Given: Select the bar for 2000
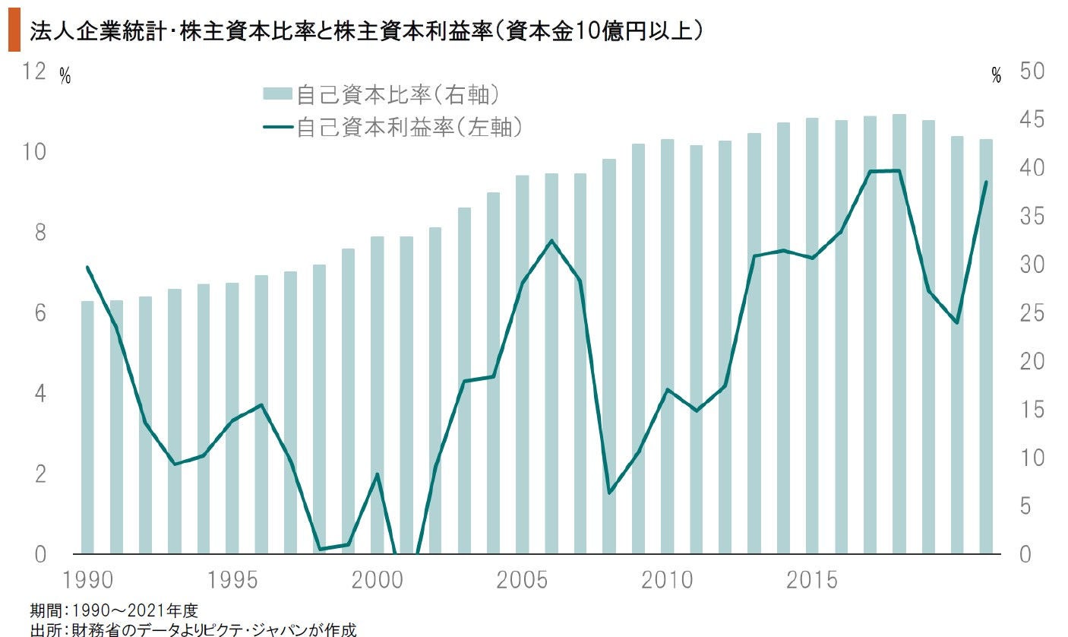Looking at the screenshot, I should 377,395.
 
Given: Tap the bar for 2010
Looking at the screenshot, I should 667,347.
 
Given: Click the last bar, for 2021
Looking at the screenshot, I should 985,347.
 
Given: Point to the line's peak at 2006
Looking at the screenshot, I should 551,241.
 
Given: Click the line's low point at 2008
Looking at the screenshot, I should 609,493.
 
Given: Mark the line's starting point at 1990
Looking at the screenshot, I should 87,267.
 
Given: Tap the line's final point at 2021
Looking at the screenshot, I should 985,182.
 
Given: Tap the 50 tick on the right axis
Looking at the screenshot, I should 1035,71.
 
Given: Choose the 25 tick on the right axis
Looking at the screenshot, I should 1035,313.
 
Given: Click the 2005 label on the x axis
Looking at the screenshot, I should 523,580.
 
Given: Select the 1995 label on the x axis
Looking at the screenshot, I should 232,580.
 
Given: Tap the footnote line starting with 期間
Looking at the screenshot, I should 114,610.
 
